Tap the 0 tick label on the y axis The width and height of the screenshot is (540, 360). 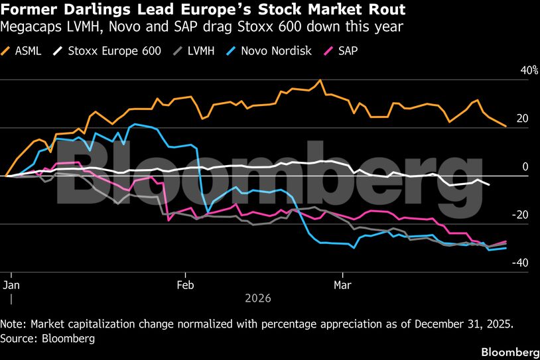(x=525, y=166)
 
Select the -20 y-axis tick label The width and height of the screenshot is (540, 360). (x=521, y=215)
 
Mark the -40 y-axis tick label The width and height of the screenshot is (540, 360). (x=521, y=263)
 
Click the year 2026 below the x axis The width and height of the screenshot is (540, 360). (x=258, y=298)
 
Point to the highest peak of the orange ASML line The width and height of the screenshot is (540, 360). (x=320, y=80)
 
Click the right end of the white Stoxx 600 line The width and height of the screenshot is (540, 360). (x=490, y=184)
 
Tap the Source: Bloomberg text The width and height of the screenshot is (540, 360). (x=48, y=338)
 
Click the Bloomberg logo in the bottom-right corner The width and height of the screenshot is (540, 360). (x=509, y=351)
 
